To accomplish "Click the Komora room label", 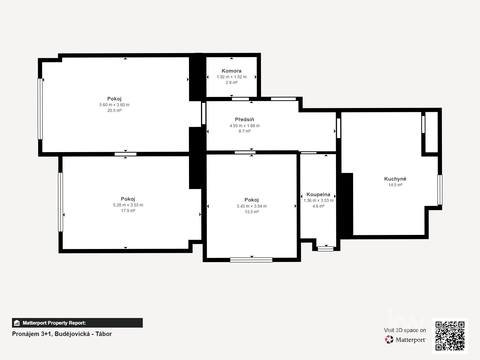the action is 231,71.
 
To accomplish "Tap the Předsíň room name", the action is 244,119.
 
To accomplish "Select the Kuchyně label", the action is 395,179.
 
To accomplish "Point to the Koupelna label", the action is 318,194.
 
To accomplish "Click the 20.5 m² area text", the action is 114,110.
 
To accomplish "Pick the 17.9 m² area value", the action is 128,211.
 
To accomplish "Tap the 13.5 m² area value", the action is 252,211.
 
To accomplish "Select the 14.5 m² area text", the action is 395,185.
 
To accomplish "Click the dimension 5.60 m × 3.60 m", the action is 114,105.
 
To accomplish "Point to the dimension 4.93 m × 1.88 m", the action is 244,126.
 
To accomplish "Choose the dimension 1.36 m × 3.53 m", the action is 318,200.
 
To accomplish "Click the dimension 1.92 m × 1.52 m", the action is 232,77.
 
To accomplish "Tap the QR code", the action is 450,336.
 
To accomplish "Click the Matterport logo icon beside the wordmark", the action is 389,340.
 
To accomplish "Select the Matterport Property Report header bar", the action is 77,322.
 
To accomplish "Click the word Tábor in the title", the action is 104,334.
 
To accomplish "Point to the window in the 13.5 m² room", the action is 251,260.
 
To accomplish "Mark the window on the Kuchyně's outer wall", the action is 440,190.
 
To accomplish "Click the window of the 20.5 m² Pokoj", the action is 40,109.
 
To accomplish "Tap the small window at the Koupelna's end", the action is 325,249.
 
